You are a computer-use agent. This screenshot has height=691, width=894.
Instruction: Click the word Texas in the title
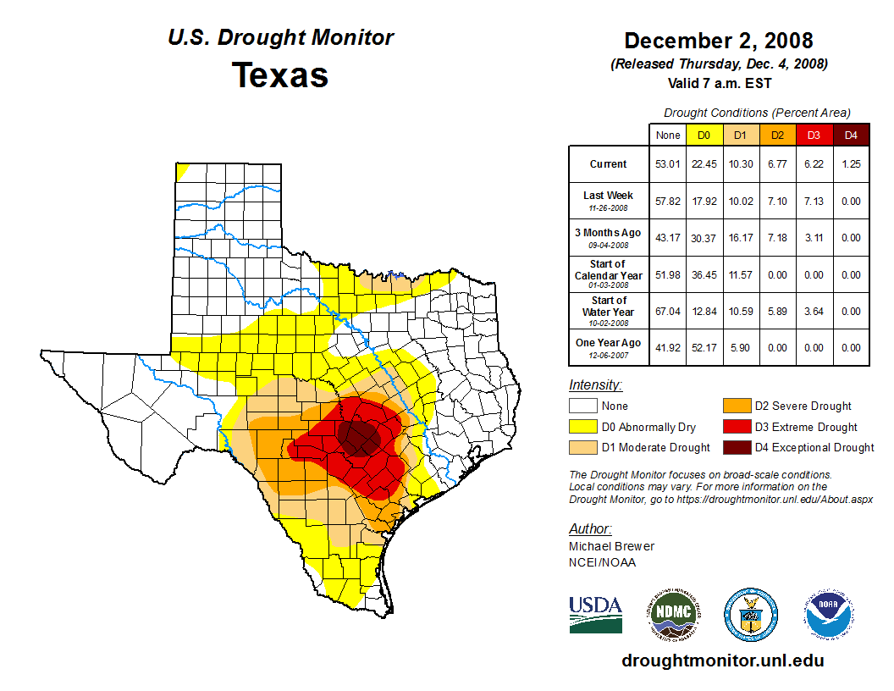pos(280,75)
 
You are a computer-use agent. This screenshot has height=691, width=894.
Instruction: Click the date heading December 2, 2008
pos(718,41)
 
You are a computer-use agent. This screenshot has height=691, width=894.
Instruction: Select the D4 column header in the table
pos(851,135)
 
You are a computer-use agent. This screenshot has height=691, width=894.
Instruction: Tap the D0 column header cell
pos(704,135)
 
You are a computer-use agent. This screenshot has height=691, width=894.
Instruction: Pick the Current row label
pos(609,164)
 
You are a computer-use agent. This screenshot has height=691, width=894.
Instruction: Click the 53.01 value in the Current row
pos(668,164)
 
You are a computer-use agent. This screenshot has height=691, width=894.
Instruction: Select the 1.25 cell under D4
pos(851,164)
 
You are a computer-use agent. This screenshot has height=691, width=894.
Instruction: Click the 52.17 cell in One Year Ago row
pos(704,347)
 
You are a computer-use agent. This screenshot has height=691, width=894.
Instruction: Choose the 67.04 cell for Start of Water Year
pos(668,311)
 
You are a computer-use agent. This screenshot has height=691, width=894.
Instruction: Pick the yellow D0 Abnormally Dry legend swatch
pos(582,427)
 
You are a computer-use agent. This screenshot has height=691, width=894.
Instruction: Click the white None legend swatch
pos(582,406)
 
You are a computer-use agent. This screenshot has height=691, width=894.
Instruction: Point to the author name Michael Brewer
pos(611,546)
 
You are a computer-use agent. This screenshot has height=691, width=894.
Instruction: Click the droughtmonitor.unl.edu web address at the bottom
pos(722,661)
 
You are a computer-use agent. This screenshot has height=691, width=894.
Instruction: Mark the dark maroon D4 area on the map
pos(360,436)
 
